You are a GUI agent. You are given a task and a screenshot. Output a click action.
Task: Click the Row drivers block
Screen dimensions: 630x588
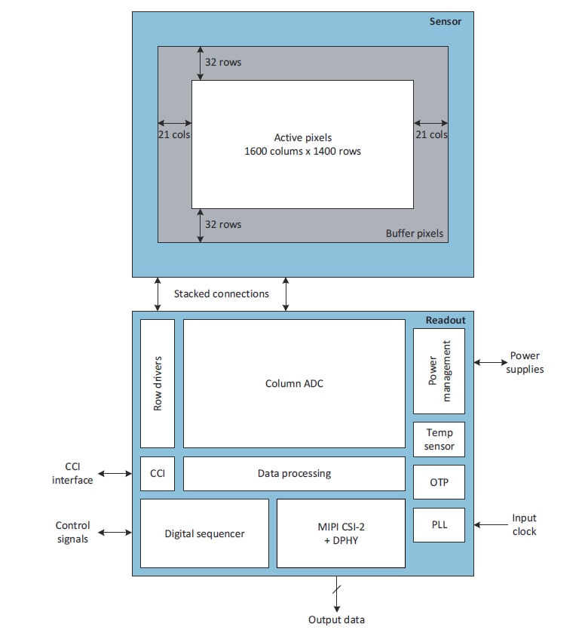click(x=158, y=383)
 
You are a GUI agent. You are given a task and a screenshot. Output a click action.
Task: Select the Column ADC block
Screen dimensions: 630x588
click(x=294, y=383)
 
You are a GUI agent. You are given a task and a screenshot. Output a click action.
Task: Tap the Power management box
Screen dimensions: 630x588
click(x=439, y=370)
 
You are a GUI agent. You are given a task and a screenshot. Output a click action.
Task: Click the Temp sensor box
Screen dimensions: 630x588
click(x=439, y=440)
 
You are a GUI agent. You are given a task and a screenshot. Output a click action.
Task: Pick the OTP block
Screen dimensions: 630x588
click(x=439, y=482)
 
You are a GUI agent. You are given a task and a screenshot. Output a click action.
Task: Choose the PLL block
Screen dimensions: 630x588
click(x=439, y=524)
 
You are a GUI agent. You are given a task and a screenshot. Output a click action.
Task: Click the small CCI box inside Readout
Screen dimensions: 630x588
click(x=158, y=474)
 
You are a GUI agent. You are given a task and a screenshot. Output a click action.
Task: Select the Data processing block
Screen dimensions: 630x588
click(x=294, y=474)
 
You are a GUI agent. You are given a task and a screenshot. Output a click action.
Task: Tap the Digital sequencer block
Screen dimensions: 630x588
click(x=204, y=533)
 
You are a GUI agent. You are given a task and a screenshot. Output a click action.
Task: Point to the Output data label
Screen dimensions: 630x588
click(x=336, y=619)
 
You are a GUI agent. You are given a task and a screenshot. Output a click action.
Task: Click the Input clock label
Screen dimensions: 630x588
click(x=524, y=525)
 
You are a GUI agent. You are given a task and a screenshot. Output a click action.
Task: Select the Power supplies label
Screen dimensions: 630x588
click(x=525, y=363)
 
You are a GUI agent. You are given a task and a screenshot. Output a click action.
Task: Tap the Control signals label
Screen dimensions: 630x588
click(x=72, y=532)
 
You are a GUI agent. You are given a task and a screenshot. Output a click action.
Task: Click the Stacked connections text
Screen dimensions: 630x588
click(x=221, y=293)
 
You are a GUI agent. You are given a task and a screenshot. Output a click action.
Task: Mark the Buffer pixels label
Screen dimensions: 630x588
click(x=415, y=233)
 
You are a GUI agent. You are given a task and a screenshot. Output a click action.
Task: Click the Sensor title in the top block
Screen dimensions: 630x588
click(x=445, y=21)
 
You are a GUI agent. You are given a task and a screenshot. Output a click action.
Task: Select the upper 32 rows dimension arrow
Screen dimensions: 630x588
click(x=200, y=63)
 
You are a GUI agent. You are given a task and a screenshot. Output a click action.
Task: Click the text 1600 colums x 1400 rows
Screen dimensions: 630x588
click(x=302, y=151)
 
